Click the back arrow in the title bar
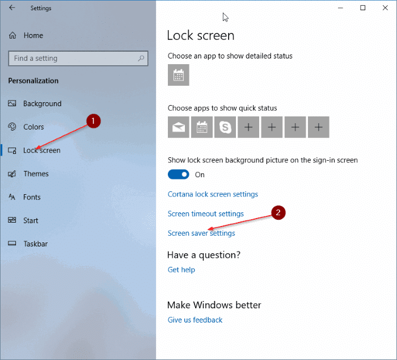point(12,8)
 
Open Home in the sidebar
point(33,35)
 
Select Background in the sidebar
point(42,104)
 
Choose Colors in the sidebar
point(33,127)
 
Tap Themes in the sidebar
point(36,174)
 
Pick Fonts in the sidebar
point(32,197)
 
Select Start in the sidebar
point(31,220)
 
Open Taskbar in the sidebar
point(35,244)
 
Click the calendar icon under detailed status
point(179,75)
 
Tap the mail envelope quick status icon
point(179,127)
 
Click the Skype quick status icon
point(225,127)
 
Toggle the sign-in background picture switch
point(179,174)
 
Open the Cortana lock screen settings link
point(213,194)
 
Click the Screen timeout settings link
point(205,214)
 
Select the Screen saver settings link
point(201,233)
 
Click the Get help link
point(181,270)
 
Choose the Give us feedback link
point(195,320)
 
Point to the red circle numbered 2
point(278,213)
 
